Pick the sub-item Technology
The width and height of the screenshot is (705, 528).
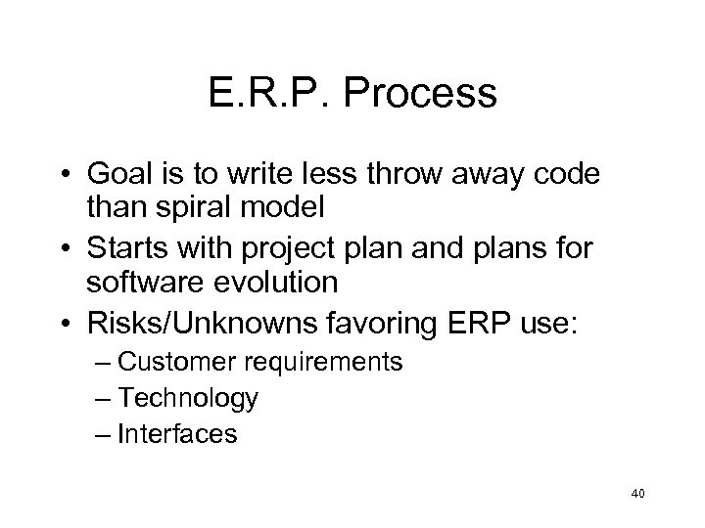pos(187,398)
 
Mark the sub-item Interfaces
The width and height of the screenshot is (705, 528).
pos(177,433)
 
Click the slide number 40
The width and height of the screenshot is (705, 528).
pos(637,495)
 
